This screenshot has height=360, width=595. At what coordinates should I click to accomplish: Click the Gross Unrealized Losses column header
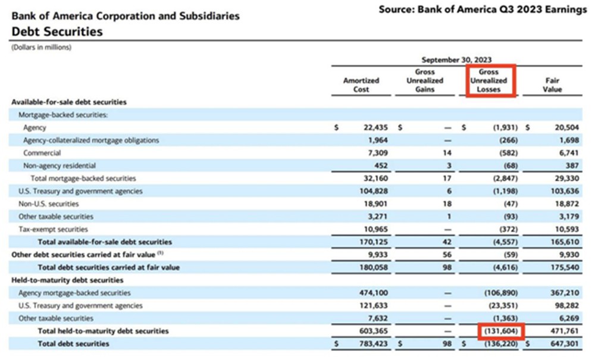click(488, 80)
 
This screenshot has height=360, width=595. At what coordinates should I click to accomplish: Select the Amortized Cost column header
click(361, 85)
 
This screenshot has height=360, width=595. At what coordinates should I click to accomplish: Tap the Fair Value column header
click(552, 85)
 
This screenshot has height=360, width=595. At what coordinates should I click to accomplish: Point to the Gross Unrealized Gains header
click(425, 80)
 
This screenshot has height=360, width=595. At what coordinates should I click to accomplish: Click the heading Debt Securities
click(57, 32)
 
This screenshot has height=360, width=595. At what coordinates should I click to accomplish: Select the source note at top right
click(483, 10)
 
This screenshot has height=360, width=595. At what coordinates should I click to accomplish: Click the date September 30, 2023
click(456, 60)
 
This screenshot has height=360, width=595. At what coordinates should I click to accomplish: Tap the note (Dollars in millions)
click(42, 48)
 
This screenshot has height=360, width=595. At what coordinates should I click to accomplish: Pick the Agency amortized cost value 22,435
click(375, 127)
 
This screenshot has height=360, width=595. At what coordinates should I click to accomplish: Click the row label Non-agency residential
click(59, 166)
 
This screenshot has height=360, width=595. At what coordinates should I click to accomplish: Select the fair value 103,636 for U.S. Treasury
click(565, 191)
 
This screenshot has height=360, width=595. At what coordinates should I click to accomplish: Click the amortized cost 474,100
click(374, 293)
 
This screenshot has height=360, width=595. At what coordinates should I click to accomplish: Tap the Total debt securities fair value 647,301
click(565, 344)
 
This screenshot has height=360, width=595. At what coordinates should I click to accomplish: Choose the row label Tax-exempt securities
click(53, 230)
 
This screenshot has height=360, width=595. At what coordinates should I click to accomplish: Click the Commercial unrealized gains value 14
click(447, 153)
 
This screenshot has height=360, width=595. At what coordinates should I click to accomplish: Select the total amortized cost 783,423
click(374, 344)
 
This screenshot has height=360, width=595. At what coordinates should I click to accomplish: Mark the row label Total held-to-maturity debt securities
click(103, 331)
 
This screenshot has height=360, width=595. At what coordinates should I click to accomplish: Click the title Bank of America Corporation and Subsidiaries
click(126, 16)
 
